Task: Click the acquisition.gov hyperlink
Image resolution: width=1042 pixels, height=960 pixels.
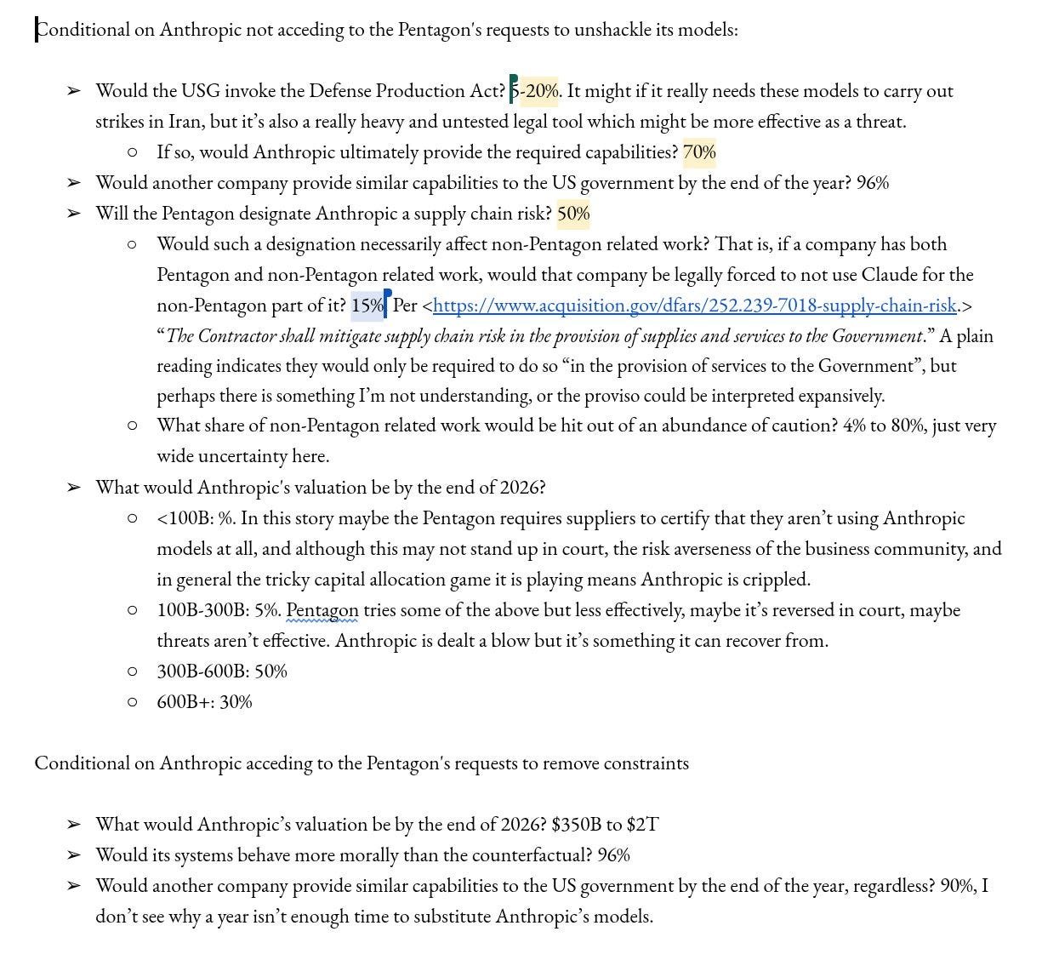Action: [x=694, y=305]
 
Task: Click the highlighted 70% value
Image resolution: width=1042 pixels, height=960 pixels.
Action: [x=699, y=152]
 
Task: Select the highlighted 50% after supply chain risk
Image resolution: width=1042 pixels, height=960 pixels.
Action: [x=573, y=214]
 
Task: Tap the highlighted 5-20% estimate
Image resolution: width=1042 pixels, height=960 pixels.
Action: [x=536, y=91]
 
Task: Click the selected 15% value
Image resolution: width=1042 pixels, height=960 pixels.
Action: [x=367, y=305]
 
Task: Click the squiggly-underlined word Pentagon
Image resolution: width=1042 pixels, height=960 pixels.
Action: [x=322, y=610]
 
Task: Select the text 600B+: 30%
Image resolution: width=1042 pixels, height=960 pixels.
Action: [x=204, y=702]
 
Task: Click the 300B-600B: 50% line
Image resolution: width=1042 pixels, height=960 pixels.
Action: [x=222, y=671]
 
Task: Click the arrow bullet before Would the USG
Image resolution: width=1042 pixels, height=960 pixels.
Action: [x=74, y=91]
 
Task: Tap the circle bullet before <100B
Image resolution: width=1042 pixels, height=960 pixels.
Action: [x=132, y=518]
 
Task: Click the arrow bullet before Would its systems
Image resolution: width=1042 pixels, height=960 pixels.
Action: [x=74, y=855]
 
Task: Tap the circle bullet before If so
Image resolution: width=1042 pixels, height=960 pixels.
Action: [x=132, y=152]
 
